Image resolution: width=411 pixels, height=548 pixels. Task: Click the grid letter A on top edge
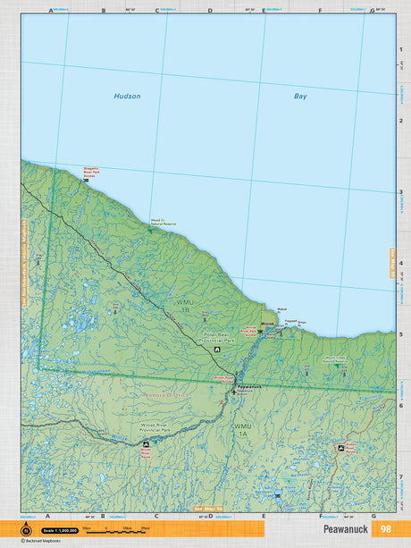pyautogui.click(x=46, y=10)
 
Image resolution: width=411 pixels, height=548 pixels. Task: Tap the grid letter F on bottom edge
pyautogui.click(x=321, y=516)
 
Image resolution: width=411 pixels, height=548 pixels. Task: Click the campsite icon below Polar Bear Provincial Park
pyautogui.click(x=217, y=350)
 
